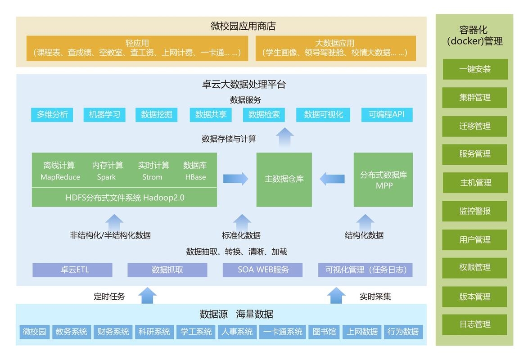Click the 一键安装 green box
(475, 69)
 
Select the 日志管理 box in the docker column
(475, 324)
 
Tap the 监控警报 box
(475, 211)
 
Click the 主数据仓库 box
(284, 180)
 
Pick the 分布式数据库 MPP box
(383, 180)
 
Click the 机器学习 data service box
(104, 115)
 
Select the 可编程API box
(387, 115)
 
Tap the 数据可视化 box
(323, 115)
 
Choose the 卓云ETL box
(72, 270)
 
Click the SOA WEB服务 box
(262, 270)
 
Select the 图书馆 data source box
(324, 332)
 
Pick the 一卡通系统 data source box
(283, 332)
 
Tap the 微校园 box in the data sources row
(35, 332)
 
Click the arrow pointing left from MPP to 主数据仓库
(332, 179)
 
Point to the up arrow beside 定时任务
(148, 296)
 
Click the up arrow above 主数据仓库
(285, 137)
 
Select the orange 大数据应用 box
(335, 48)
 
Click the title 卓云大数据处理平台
(244, 84)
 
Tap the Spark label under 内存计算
(106, 177)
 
